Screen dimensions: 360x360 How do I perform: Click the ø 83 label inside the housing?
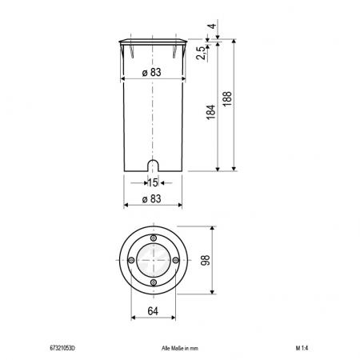click(152, 73)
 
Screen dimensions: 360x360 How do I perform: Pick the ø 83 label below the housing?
click(152, 198)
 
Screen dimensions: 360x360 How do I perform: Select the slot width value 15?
click(152, 182)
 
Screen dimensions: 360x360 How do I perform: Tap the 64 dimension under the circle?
click(152, 312)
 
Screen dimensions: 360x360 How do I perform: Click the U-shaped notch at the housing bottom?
click(152, 166)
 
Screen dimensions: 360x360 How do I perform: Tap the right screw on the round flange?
click(175, 262)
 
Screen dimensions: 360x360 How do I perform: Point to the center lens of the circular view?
click(153, 262)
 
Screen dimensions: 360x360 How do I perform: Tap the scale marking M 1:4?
click(302, 349)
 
